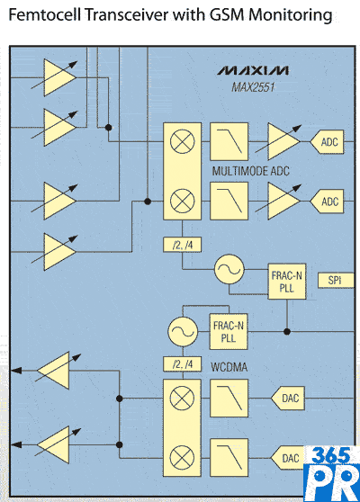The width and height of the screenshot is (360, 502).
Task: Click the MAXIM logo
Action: [253, 70]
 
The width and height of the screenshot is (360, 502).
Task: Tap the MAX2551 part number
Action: [253, 87]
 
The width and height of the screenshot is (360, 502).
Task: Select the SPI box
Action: [336, 281]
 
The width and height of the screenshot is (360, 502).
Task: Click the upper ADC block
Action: [327, 142]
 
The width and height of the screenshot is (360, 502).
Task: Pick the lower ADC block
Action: [327, 202]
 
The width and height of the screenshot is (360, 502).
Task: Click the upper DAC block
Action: [288, 399]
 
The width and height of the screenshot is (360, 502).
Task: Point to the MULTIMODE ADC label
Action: [251, 171]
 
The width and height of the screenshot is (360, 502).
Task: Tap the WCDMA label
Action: [229, 367]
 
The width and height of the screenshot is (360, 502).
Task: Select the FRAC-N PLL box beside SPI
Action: [287, 282]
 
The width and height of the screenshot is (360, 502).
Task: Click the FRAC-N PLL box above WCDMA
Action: [229, 331]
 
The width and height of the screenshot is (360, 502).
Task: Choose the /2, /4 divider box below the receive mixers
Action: [182, 245]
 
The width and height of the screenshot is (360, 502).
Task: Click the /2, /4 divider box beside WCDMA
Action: [182, 364]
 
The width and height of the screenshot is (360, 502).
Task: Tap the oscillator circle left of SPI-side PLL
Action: [229, 269]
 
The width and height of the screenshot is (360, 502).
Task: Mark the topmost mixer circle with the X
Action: [182, 141]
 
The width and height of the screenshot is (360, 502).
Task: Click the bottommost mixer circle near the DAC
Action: [182, 458]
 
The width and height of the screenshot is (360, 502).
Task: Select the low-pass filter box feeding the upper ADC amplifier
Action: [229, 141]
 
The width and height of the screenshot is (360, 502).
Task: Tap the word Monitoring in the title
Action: [291, 15]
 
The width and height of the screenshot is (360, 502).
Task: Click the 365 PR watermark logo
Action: [332, 474]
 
